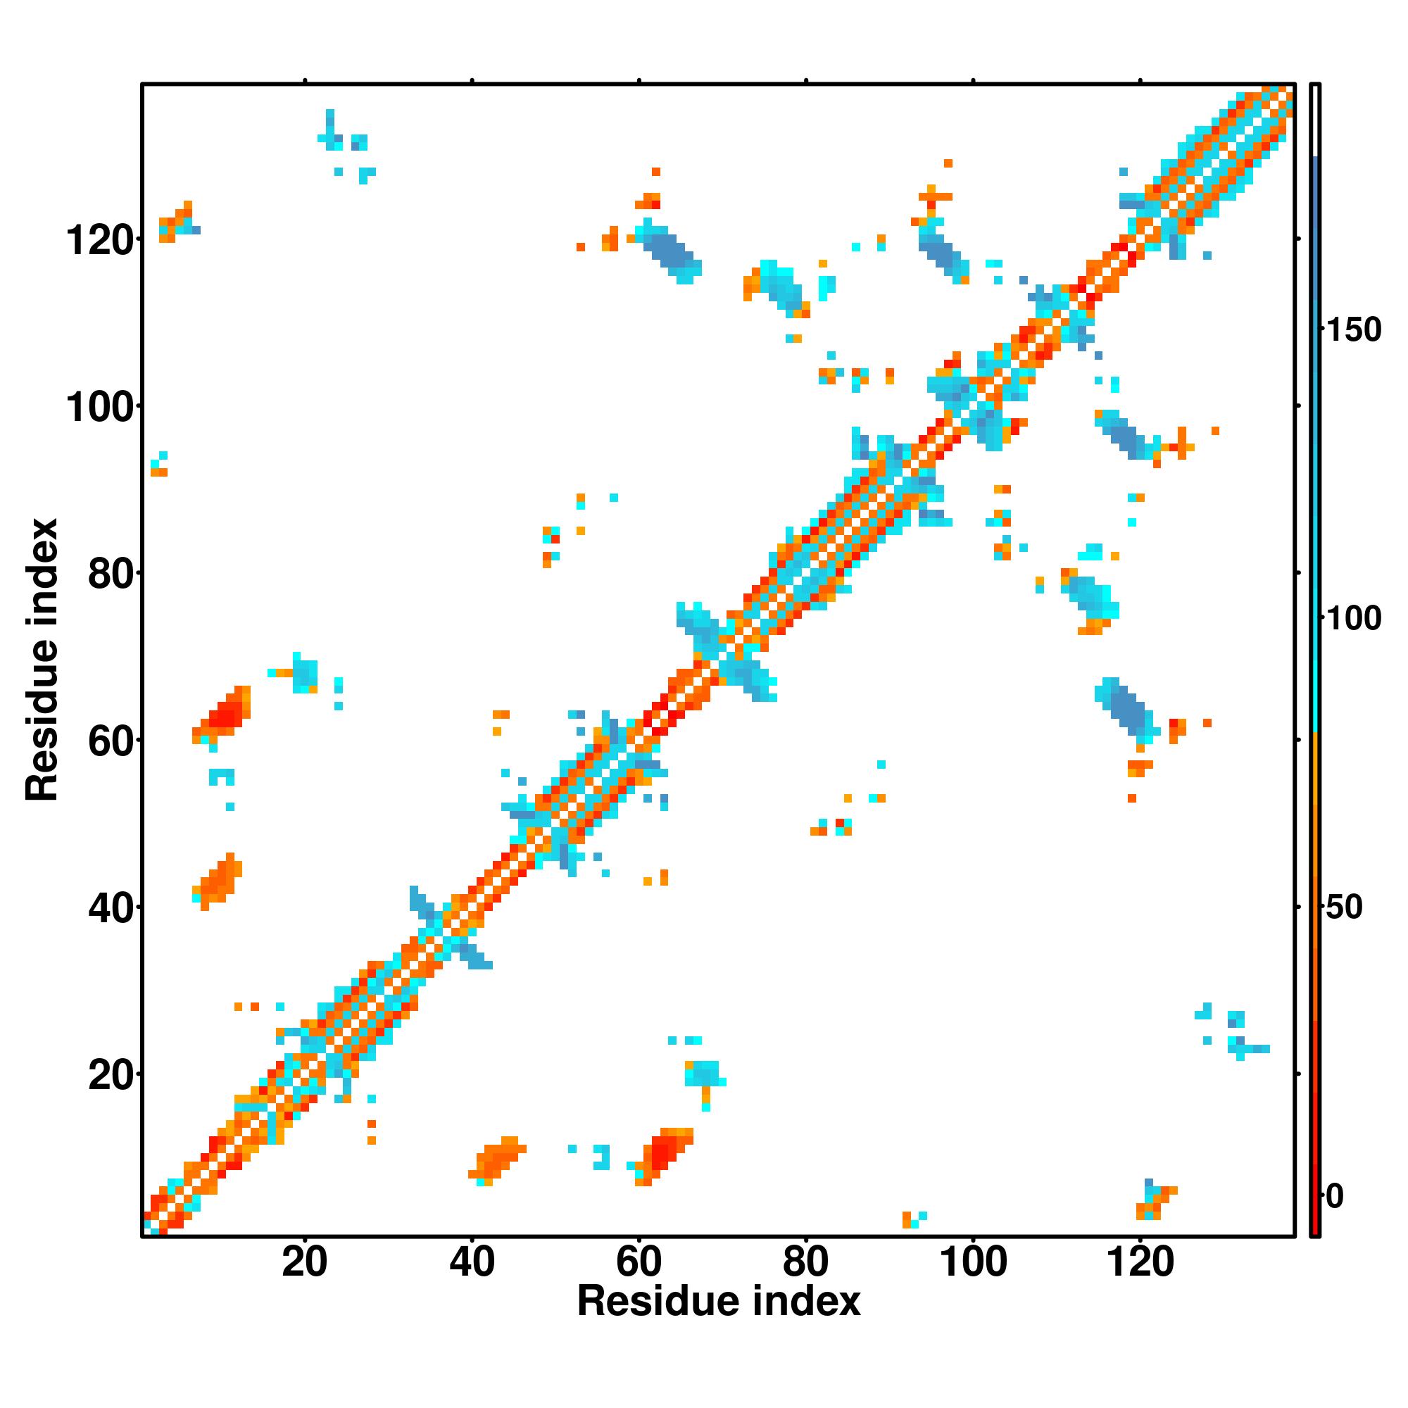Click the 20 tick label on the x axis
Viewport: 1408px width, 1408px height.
(305, 1262)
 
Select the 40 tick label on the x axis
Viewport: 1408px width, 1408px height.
(472, 1262)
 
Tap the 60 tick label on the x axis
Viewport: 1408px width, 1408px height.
(639, 1262)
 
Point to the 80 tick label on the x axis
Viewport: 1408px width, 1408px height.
(805, 1262)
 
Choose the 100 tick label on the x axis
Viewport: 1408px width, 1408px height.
(974, 1262)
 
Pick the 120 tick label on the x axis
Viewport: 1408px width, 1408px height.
(1140, 1262)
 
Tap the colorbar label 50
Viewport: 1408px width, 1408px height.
(1345, 908)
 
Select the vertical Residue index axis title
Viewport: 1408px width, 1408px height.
(42, 660)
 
